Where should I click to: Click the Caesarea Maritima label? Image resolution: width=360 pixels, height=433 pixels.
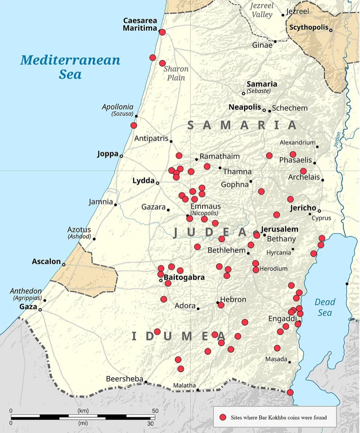coord(139,24)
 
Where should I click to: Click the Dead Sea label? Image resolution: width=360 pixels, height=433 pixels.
coord(324,307)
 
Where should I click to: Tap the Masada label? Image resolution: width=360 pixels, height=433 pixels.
coord(275,359)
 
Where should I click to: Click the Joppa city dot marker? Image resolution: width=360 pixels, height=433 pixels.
coord(121,156)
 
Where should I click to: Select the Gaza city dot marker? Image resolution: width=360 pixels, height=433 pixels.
coord(40,309)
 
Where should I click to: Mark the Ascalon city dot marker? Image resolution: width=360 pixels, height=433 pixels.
coord(63,264)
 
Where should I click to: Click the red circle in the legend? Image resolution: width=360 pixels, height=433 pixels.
coord(222,417)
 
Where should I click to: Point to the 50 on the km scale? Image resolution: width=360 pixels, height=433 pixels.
coord(155,411)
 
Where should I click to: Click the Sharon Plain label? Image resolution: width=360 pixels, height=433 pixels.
coord(175,73)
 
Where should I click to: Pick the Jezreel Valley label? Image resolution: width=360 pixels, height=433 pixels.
coord(261,10)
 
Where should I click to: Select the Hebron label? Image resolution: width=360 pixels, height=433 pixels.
coord(233,299)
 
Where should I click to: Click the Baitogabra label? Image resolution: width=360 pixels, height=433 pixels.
coord(184,277)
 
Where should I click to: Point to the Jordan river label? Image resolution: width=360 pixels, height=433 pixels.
coord(338,140)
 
